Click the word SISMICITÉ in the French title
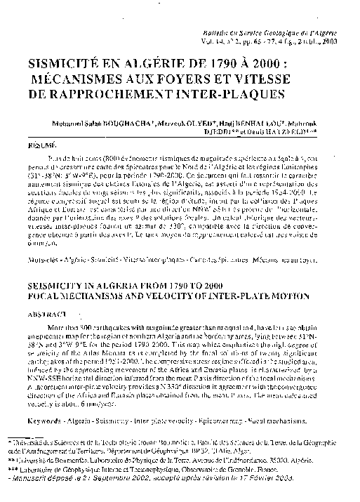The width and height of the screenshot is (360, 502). pyautogui.click(x=79, y=60)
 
